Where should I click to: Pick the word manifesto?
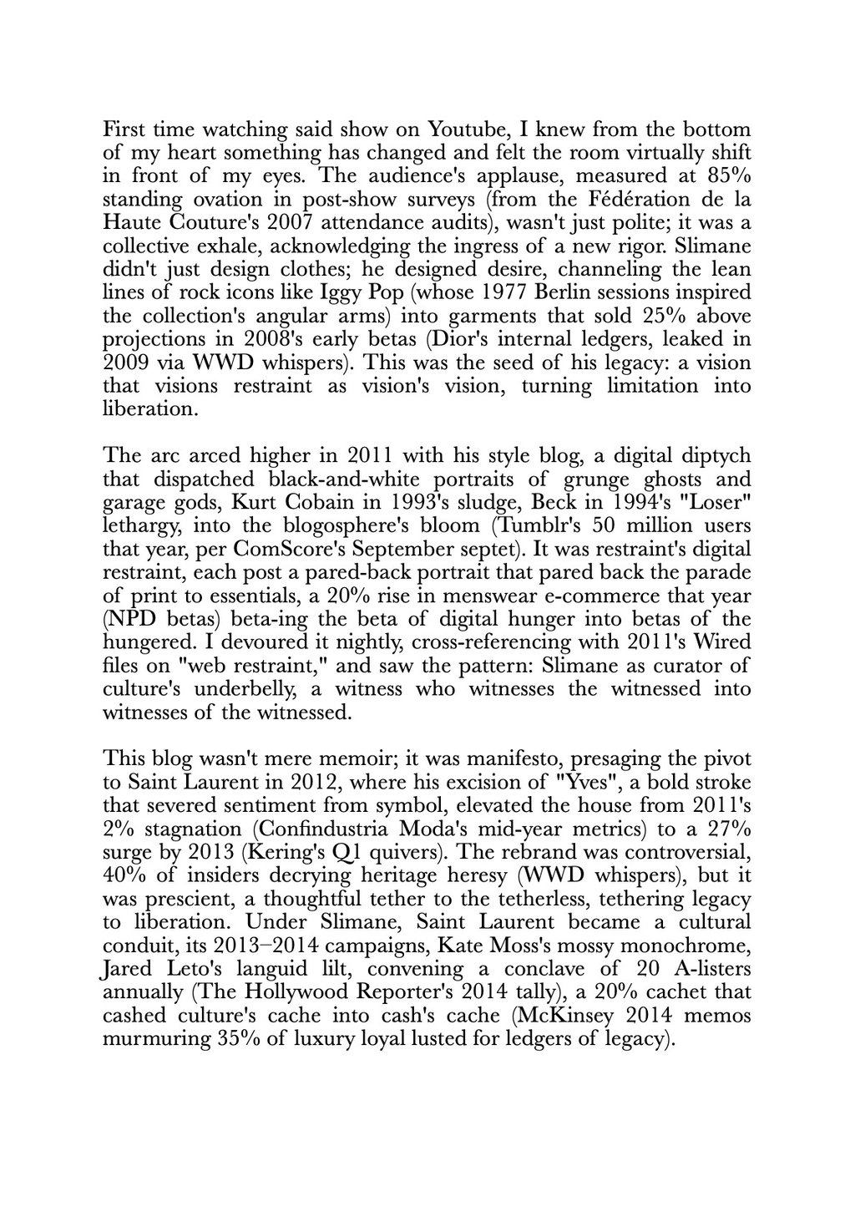click(486, 759)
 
